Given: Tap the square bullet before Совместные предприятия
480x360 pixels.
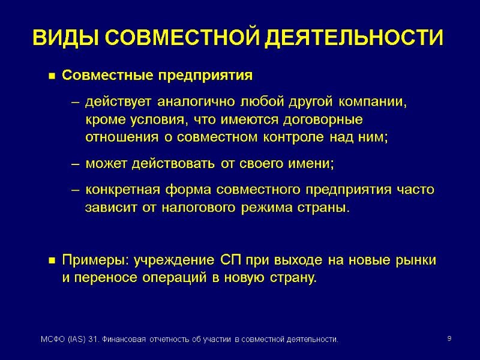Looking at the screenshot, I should pos(52,77).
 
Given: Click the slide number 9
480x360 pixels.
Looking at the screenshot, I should pos(449,340).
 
